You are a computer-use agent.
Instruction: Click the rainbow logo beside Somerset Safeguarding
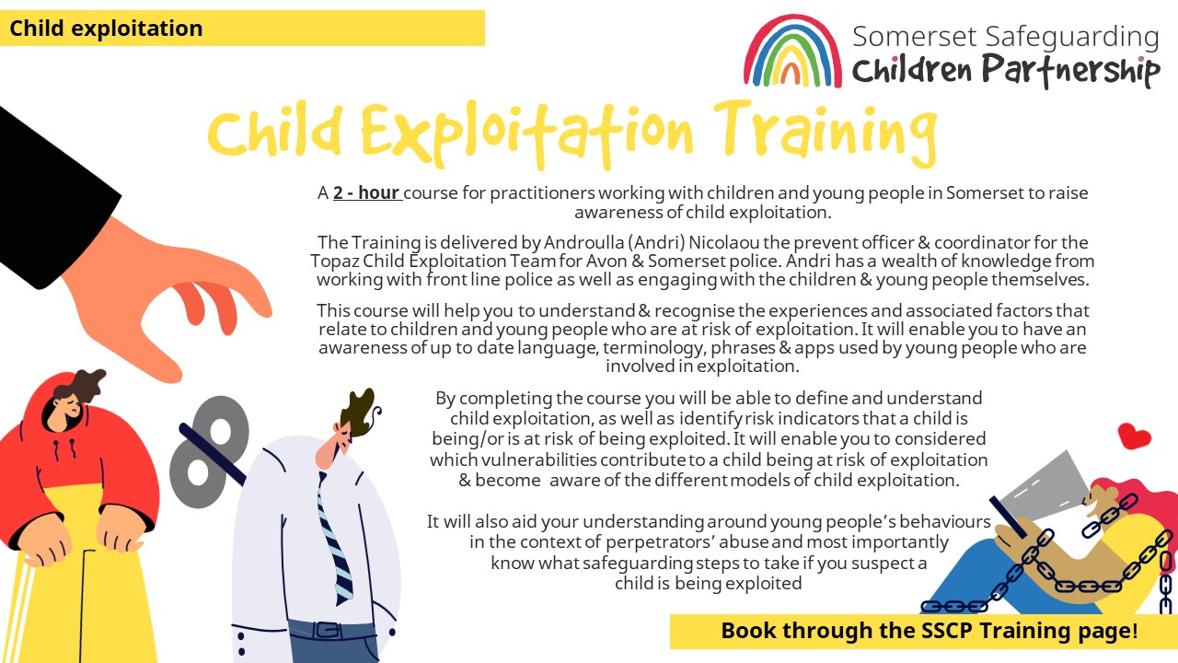(x=792, y=52)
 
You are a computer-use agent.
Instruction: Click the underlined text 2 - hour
(x=366, y=193)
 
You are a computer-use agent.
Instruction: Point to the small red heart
(x=1134, y=436)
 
